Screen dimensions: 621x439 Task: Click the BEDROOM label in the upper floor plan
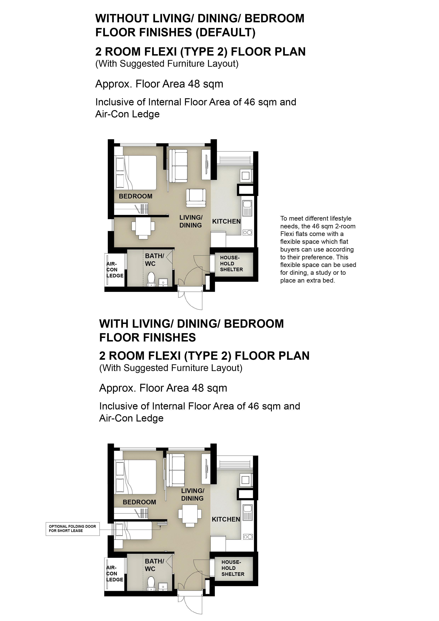135,196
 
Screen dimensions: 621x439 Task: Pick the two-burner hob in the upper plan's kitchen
248,232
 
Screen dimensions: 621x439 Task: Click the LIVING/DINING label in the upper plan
191,221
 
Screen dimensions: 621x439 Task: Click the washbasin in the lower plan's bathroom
163,586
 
